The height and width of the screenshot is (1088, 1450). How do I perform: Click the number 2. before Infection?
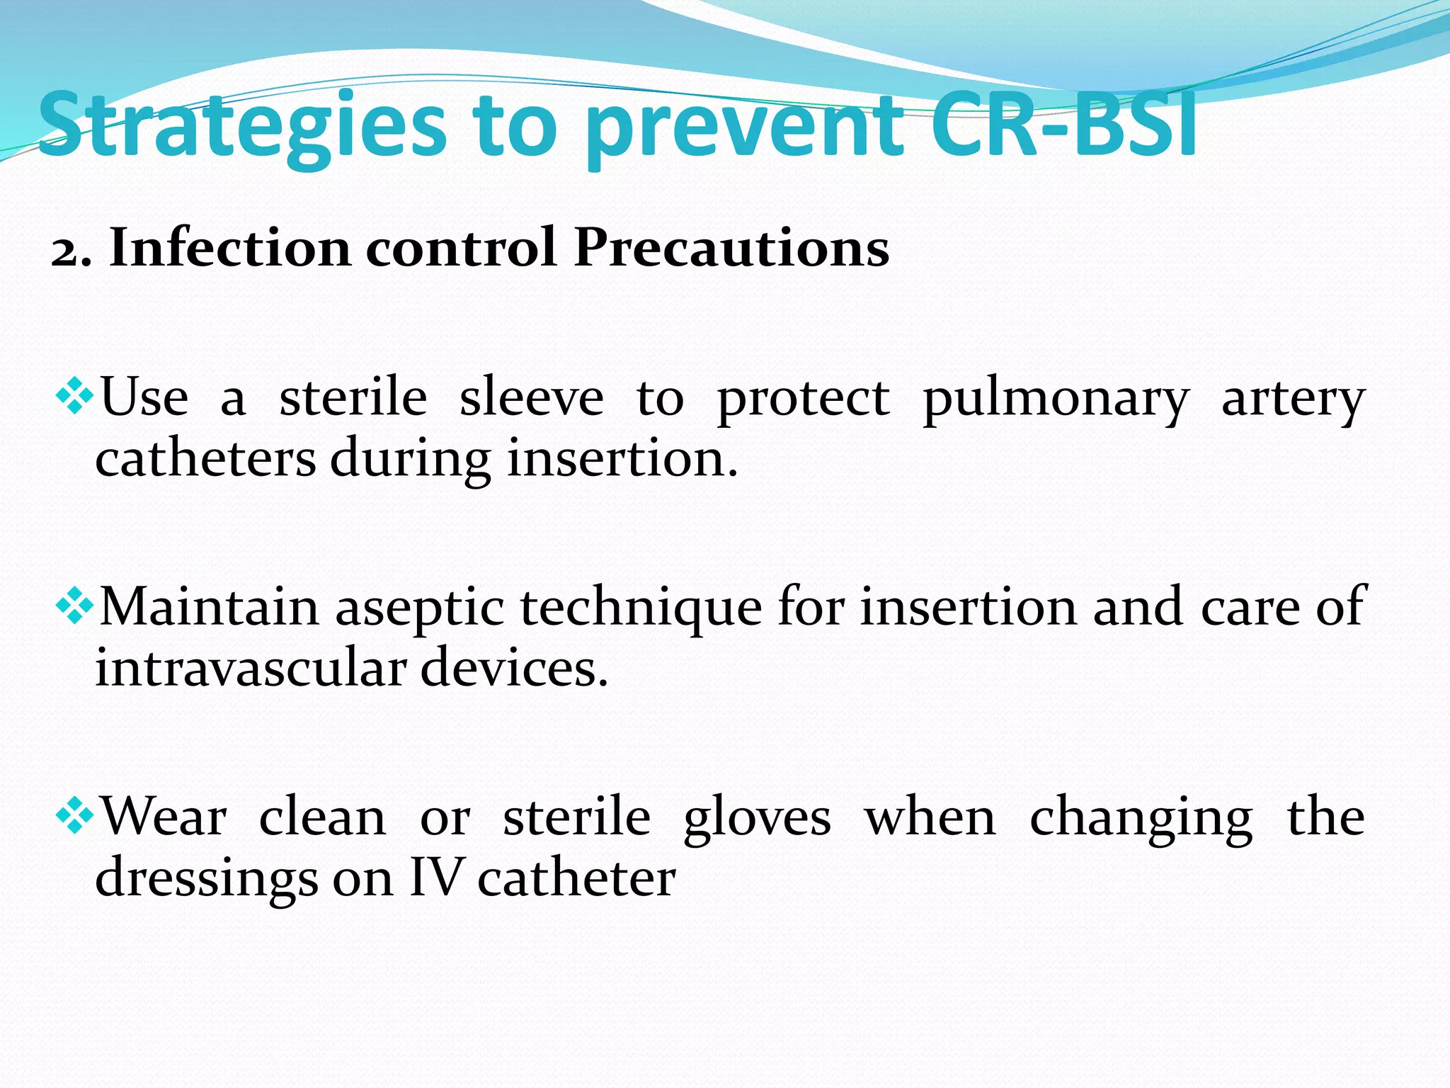tap(71, 250)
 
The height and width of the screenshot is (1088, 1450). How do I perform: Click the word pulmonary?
tap(1056, 400)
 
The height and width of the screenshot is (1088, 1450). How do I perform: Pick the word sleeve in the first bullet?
tap(531, 397)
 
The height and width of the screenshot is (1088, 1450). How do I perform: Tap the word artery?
tap(1293, 400)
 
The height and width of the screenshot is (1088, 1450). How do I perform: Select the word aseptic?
tap(419, 609)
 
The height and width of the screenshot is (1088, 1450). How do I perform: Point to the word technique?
tap(641, 609)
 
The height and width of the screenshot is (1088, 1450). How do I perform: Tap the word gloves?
tap(757, 819)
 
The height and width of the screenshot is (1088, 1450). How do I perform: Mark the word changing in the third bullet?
tap(1141, 819)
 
